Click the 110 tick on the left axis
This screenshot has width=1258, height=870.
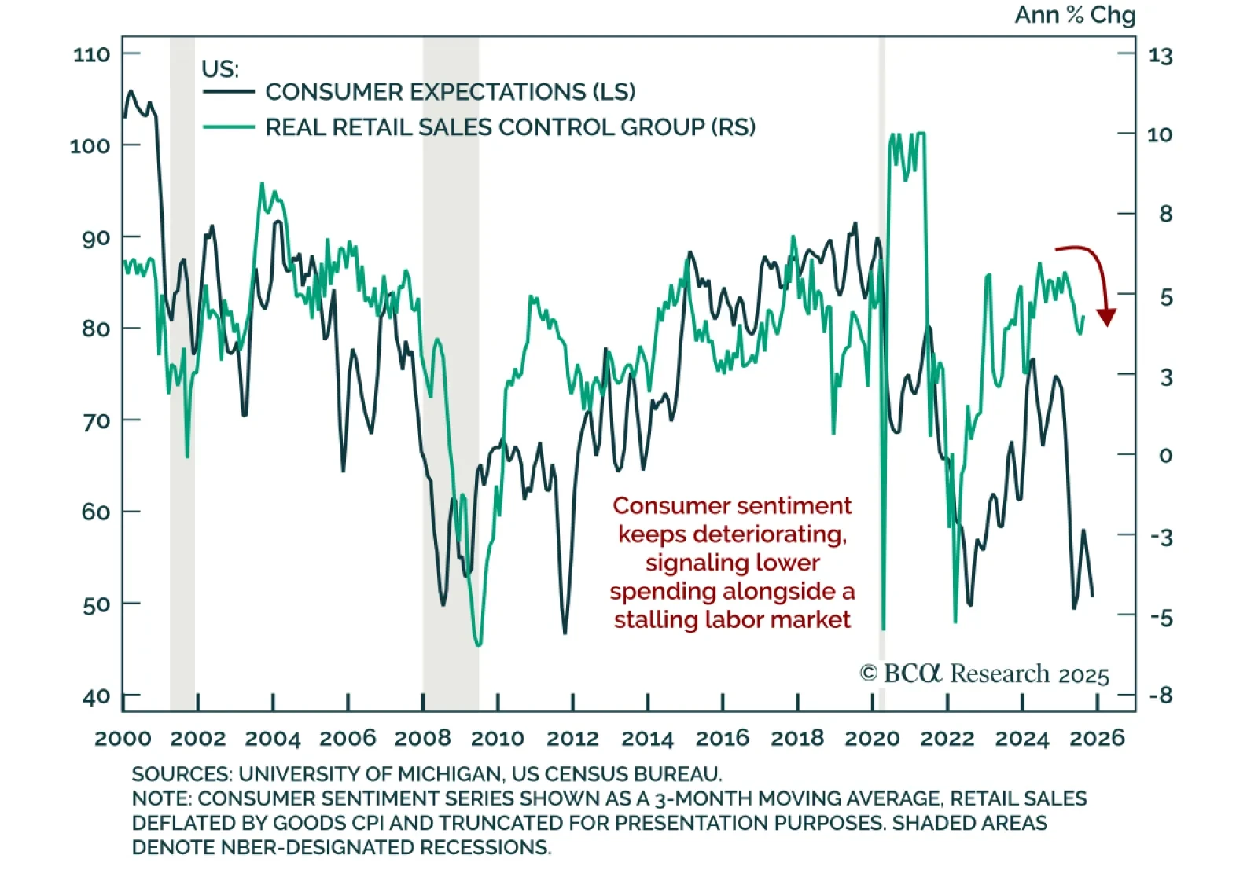click(91, 54)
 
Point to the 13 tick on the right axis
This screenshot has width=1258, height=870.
click(1160, 56)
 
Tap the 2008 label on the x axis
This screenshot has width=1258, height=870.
click(422, 739)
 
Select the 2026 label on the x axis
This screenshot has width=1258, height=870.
click(1098, 738)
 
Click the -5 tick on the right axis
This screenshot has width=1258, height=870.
click(1161, 618)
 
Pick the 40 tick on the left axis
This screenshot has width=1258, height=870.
click(96, 697)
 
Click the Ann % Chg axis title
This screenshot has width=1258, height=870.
click(1075, 15)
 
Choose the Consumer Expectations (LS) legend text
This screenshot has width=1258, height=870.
click(451, 92)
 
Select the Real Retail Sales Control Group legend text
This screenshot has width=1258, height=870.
click(510, 127)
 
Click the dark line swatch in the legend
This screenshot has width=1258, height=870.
click(229, 92)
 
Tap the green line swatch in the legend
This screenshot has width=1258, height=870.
click(229, 127)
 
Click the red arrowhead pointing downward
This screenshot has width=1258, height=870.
click(1107, 317)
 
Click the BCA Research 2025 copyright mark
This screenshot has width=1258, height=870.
click(984, 674)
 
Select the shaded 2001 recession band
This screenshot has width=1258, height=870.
click(182, 369)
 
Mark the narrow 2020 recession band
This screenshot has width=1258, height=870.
click(882, 369)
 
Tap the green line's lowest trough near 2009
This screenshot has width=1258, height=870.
click(478, 644)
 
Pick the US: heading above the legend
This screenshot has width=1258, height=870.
click(220, 69)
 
